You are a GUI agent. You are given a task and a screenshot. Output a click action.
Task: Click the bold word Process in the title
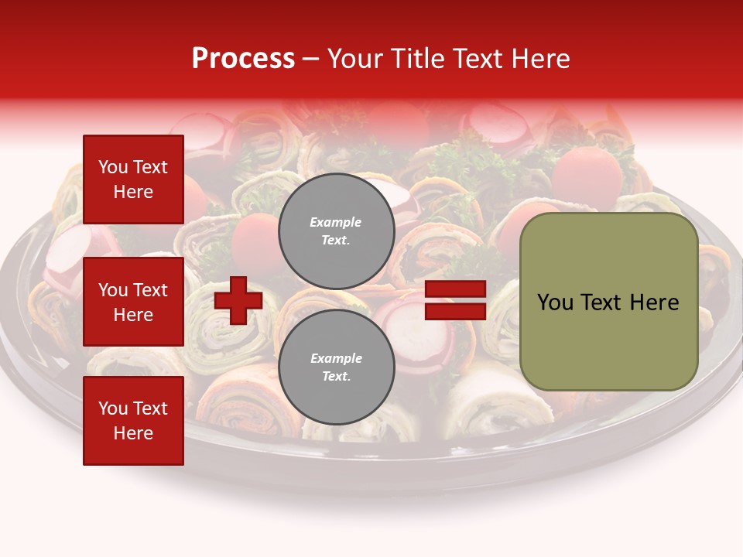243,58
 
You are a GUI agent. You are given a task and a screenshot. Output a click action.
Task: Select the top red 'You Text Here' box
133,179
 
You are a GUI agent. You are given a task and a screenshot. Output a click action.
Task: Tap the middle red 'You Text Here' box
133,302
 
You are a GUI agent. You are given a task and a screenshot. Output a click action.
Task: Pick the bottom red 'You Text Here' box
133,421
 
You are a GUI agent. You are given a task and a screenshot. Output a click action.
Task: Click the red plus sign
238,300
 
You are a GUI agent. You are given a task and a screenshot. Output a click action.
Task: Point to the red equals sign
456,300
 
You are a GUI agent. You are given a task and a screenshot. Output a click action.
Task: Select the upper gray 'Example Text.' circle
336,231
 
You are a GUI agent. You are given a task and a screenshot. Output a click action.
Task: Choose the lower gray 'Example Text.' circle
336,367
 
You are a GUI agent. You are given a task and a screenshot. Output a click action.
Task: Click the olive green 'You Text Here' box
608,302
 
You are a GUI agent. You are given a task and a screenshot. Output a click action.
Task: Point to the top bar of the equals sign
456,289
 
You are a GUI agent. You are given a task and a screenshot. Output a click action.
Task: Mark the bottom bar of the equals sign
456,311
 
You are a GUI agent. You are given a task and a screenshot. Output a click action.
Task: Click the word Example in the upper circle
336,222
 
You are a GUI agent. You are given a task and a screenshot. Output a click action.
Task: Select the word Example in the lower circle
336,358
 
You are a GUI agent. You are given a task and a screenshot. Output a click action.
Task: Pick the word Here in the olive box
655,302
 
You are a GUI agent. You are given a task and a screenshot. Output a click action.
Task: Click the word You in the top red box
111,167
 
